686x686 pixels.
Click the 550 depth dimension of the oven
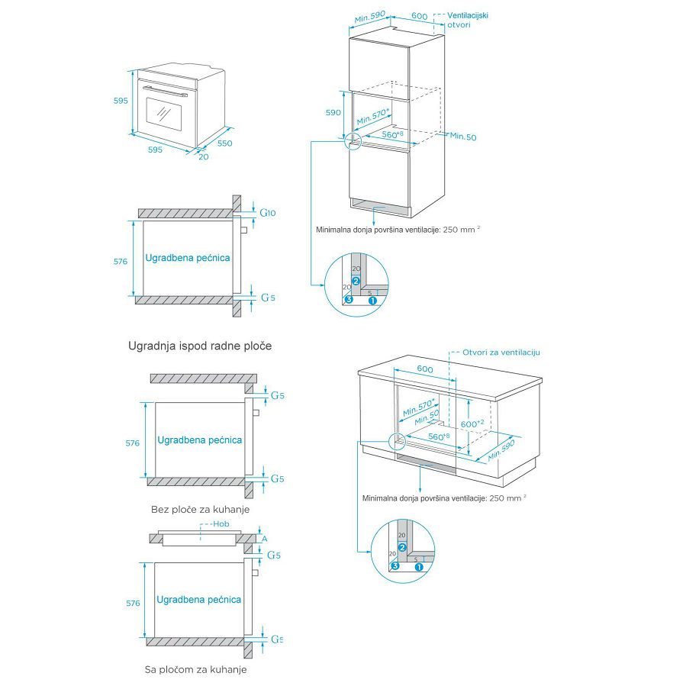224,143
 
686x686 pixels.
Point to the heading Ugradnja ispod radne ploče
199,346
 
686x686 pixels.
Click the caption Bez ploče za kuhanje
200,509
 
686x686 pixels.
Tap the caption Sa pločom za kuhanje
196,669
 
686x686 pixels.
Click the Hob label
221,524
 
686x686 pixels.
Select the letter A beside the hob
265,538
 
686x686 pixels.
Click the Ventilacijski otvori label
468,20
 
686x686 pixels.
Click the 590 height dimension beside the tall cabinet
333,112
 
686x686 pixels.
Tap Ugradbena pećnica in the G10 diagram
188,258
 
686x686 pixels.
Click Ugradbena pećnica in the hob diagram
198,600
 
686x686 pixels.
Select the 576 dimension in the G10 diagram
120,261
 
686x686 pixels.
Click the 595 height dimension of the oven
121,101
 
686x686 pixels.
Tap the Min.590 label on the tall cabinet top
372,17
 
